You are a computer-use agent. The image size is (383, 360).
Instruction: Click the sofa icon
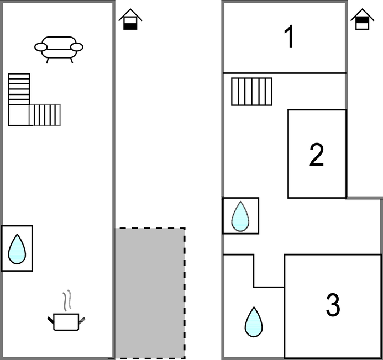[x=59, y=48]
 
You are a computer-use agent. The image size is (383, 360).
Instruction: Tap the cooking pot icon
[x=67, y=321]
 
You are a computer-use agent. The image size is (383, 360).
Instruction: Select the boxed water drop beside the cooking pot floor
[x=17, y=248]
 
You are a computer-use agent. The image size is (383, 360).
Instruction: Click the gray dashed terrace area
[x=150, y=293]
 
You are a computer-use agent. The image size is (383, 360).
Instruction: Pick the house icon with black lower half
[x=130, y=19]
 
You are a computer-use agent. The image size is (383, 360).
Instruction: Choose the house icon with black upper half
[x=362, y=19]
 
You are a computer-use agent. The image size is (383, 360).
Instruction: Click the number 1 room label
[x=289, y=38]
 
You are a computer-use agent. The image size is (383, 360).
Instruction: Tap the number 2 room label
[x=316, y=155]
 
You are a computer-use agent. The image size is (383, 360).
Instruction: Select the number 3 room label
[x=332, y=305]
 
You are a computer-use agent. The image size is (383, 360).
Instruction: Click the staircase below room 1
[x=251, y=91]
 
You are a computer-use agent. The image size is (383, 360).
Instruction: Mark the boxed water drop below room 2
[x=240, y=215]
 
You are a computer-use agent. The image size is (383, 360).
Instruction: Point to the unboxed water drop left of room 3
[x=254, y=322]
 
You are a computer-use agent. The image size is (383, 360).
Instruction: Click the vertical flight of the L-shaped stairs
[x=19, y=88]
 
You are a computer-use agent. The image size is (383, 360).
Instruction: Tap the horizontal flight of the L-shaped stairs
[x=45, y=115]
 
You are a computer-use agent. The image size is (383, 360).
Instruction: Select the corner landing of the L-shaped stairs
[x=19, y=115]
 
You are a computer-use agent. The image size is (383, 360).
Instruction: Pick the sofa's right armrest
[x=77, y=47]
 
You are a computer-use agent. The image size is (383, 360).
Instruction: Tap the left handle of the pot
[x=51, y=319]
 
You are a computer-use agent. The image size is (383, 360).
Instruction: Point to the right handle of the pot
[x=83, y=319]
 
